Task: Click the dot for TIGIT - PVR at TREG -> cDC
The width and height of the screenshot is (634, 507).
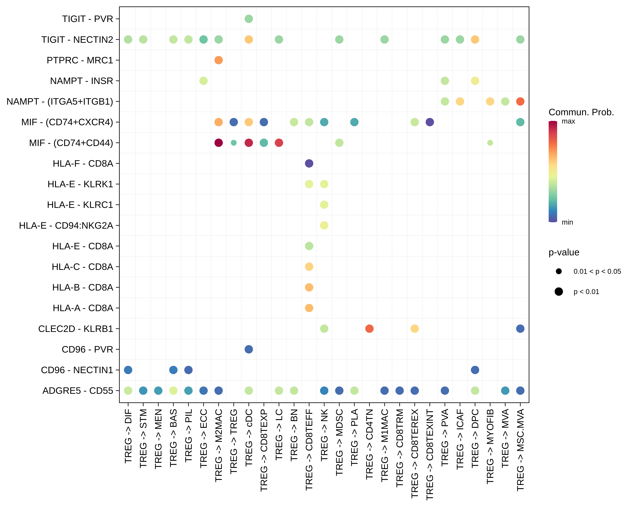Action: pos(249,19)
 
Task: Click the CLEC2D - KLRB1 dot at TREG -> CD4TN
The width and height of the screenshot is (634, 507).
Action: pos(369,329)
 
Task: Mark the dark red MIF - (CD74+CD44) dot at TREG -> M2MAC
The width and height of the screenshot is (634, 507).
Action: pos(218,143)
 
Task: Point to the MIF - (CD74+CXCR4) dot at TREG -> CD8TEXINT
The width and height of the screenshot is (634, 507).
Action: pos(430,122)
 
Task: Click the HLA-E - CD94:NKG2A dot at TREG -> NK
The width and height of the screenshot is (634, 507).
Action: pos(324,225)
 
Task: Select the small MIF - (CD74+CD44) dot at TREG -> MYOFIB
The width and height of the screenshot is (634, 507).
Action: pos(490,143)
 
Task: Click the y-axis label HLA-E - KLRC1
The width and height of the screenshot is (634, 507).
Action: pos(80,205)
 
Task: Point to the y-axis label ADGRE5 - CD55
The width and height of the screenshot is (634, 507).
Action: pos(78,391)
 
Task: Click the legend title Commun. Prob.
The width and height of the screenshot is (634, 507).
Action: pos(581,112)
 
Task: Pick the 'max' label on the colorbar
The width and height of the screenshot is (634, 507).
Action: pos(568,121)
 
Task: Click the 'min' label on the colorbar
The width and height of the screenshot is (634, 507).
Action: pos(567,222)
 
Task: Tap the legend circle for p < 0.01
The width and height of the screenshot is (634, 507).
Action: pos(559,292)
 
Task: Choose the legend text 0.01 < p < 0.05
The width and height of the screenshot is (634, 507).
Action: pos(597,271)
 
